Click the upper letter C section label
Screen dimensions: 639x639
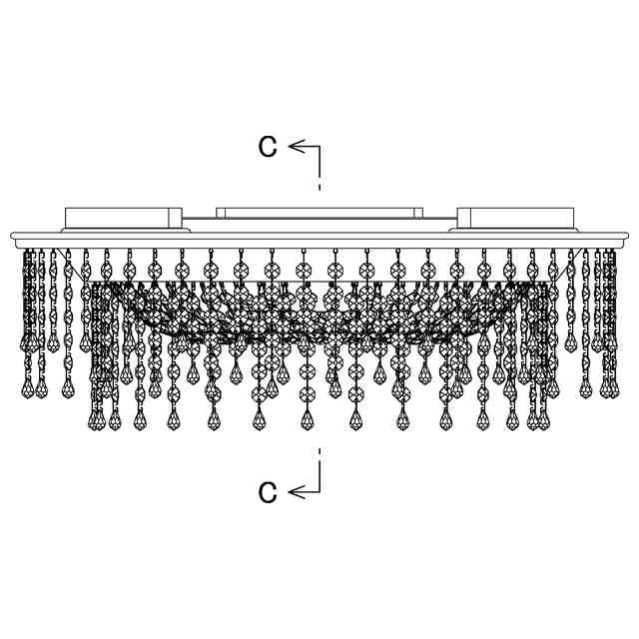[267, 147]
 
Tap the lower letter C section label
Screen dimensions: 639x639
[267, 491]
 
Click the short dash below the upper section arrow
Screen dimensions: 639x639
[319, 186]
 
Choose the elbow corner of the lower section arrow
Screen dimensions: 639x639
[319, 491]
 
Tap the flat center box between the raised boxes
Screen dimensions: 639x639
[319, 214]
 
